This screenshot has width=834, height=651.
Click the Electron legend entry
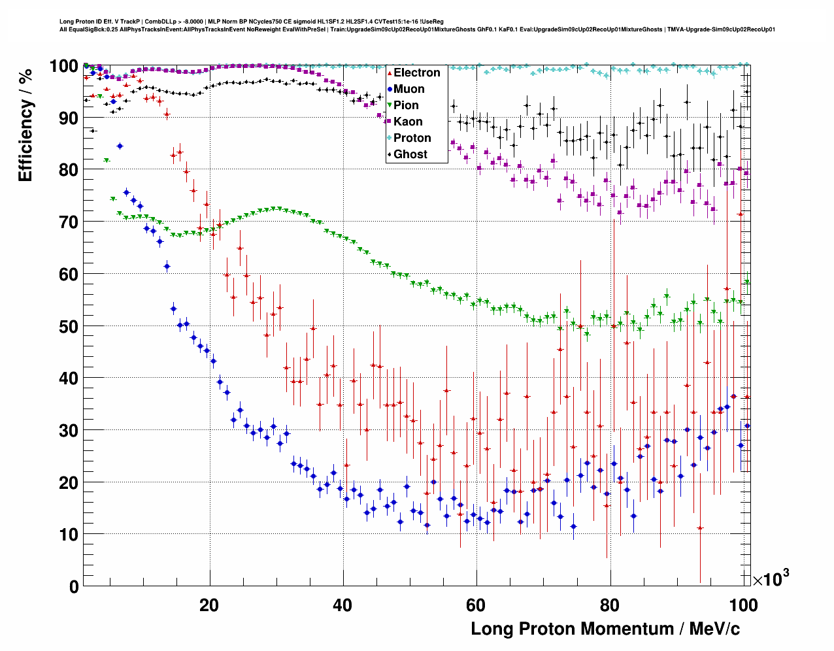[416, 73]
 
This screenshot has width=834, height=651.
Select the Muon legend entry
[409, 89]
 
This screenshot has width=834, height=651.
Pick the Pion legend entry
[406, 105]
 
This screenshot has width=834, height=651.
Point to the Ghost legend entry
[410, 154]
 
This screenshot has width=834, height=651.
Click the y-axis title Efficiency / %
[25, 125]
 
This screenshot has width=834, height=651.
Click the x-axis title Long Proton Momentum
[605, 629]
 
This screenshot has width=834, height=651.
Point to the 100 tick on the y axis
[64, 66]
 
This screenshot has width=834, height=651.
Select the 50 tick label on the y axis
[69, 326]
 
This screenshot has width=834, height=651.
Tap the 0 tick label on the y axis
[74, 586]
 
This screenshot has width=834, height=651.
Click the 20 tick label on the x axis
[209, 605]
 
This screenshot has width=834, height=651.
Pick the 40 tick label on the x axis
[342, 605]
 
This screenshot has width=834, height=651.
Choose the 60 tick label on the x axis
[476, 605]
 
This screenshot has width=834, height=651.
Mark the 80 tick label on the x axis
[609, 605]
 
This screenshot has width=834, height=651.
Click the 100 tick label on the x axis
[742, 605]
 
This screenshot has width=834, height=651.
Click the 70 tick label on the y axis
[69, 222]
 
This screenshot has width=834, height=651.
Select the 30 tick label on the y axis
[69, 430]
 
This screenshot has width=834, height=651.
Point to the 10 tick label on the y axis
[69, 535]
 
